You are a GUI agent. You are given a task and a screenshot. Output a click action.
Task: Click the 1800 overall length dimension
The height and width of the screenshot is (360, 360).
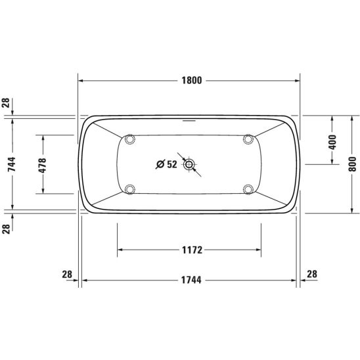[x=192, y=80]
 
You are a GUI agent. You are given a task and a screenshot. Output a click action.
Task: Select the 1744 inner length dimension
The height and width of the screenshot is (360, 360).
[x=191, y=280]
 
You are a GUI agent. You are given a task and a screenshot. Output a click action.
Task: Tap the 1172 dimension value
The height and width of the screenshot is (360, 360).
[x=192, y=250]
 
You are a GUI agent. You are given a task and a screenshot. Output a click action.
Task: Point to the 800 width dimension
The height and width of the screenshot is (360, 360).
[x=352, y=164]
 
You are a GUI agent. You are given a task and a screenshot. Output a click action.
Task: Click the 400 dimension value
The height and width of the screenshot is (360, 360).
[x=332, y=143]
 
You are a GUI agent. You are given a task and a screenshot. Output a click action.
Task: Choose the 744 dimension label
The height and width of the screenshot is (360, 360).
[x=11, y=164]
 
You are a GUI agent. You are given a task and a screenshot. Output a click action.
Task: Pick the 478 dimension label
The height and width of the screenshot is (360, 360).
[x=42, y=165]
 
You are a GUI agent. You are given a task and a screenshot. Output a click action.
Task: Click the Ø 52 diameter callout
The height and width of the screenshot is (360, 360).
[x=167, y=164]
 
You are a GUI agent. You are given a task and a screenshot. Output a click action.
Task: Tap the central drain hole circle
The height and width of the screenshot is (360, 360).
[x=189, y=164]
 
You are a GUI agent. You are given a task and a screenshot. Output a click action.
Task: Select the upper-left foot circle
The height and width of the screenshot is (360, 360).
[x=130, y=139]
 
